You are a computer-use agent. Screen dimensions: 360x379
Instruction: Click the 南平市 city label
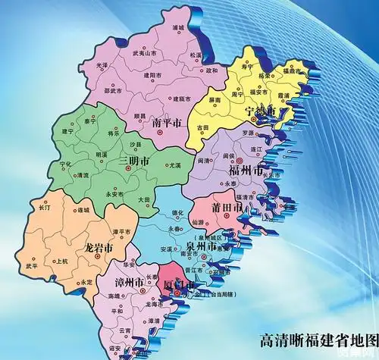pyautogui.click(x=166, y=122)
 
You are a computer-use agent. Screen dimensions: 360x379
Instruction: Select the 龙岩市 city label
pyautogui.click(x=99, y=247)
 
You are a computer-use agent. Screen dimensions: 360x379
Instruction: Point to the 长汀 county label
pyautogui.click(x=43, y=206)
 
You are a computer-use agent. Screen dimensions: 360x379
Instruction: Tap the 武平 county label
pyautogui.click(x=31, y=266)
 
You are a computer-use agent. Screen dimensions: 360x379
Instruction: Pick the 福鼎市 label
pyautogui.click(x=292, y=70)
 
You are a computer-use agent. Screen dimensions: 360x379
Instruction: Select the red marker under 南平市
pyautogui.click(x=161, y=132)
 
